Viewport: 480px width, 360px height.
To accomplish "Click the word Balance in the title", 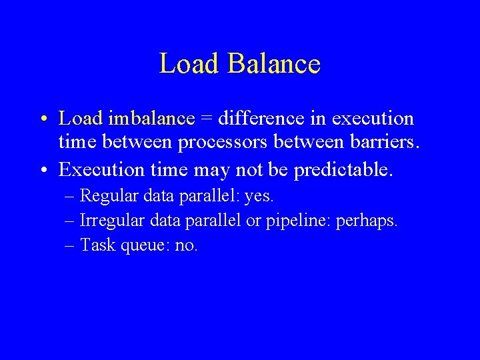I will point(274,64).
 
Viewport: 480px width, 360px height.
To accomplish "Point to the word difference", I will point(259,119).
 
